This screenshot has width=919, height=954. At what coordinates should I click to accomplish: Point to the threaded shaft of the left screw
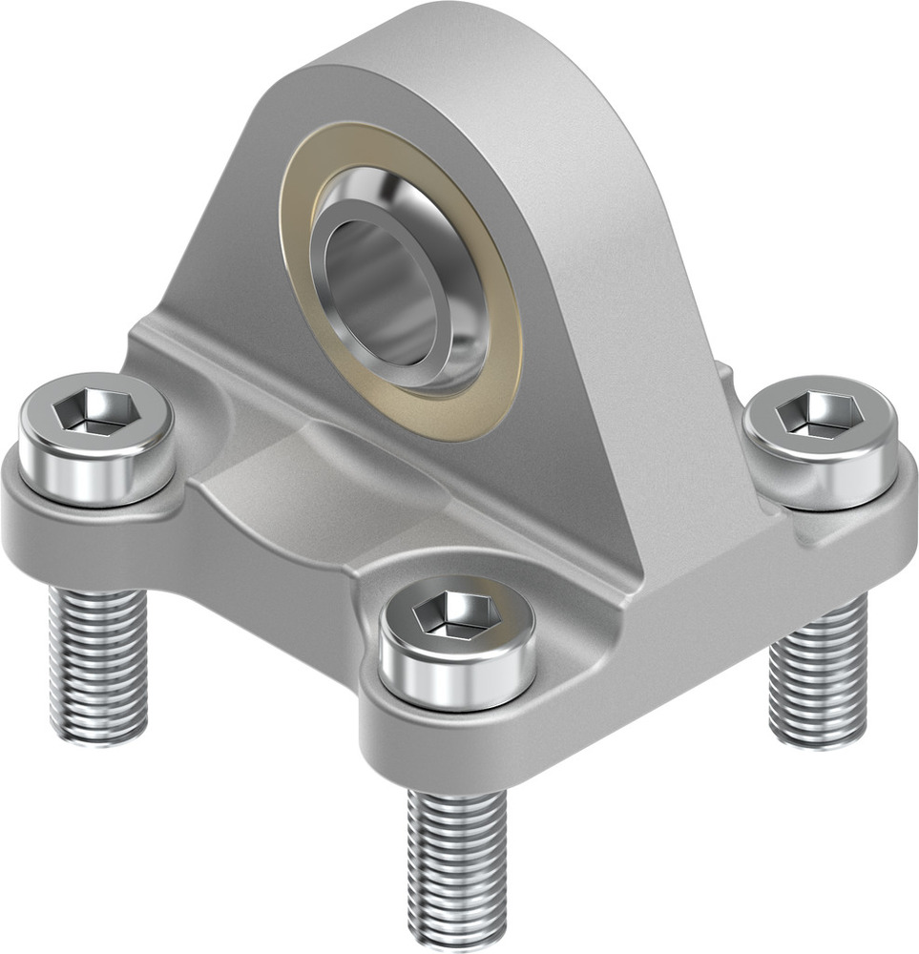[x=99, y=658]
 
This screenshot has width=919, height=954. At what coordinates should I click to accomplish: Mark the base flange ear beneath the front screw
[x=458, y=744]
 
